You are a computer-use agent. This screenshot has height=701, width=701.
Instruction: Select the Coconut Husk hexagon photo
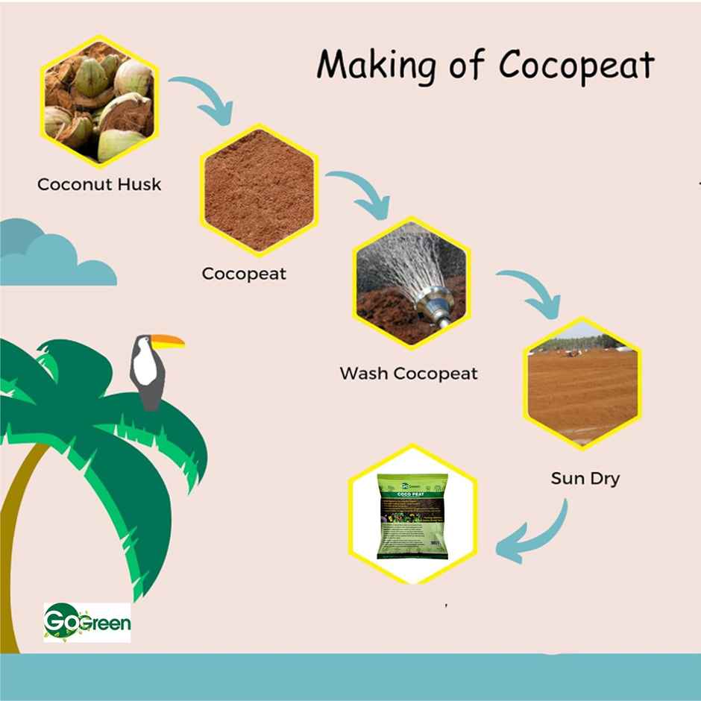coord(98,101)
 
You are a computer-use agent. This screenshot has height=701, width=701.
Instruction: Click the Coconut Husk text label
coord(99,183)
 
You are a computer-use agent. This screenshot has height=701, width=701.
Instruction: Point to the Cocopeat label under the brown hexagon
coord(244,274)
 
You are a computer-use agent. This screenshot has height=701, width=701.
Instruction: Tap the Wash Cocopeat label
coord(409,373)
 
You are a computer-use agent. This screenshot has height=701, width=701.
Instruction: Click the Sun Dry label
coord(585,478)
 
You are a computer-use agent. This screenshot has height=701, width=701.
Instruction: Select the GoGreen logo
coord(87,621)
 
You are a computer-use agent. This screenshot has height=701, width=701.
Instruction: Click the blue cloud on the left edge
coord(45,257)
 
